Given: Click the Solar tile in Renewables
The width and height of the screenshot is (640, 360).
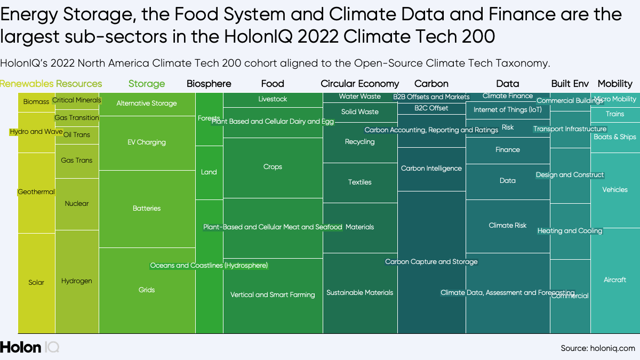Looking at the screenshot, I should (x=36, y=283).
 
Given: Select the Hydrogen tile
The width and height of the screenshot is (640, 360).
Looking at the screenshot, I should (x=77, y=281).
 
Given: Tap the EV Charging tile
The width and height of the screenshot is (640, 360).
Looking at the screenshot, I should (x=147, y=142).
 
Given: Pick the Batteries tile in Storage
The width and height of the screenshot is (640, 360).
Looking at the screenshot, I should (x=147, y=209).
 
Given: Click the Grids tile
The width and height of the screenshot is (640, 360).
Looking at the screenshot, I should (x=147, y=290).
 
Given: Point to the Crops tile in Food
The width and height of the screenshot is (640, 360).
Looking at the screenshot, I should (x=273, y=167).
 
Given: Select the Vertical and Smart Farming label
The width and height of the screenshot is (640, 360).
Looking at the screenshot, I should (x=273, y=295).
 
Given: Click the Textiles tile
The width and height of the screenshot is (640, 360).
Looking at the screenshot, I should (x=360, y=182).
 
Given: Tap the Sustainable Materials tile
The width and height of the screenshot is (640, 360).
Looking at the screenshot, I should (x=360, y=293).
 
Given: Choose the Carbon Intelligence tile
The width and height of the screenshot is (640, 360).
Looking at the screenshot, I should (x=431, y=169).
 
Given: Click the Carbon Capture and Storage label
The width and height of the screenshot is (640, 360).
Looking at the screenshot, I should (x=431, y=262).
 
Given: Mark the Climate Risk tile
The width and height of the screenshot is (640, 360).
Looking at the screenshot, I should (x=507, y=226).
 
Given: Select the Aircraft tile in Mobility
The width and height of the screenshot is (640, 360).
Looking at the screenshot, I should (x=615, y=280).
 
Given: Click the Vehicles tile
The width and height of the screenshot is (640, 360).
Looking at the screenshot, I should (x=615, y=190).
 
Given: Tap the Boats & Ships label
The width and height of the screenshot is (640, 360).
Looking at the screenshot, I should (x=615, y=137).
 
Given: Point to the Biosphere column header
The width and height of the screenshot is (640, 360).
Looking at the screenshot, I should (x=209, y=84).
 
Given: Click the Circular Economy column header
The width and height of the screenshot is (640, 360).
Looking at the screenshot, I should (x=359, y=84).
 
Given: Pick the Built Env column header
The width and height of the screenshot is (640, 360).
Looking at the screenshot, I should (x=570, y=84).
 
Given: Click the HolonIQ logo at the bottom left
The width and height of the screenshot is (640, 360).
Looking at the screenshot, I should (x=29, y=347).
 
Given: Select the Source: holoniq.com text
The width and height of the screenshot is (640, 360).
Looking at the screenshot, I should (x=597, y=348).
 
